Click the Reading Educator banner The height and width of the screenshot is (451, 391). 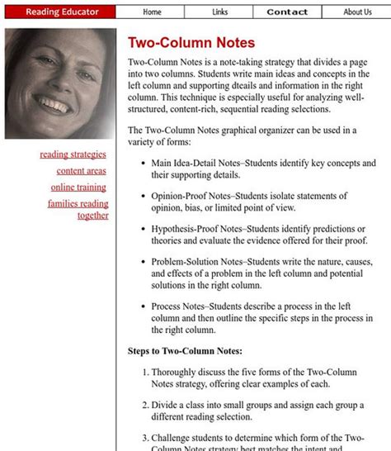coord(62,12)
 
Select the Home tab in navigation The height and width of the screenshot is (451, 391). coord(152,12)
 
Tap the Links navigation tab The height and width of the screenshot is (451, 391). coord(219,12)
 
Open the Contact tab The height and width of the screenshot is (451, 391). coord(287,12)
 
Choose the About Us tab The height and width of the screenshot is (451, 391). coord(357,12)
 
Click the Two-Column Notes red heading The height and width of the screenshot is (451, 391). coord(191,43)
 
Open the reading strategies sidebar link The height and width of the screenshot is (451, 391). coord(73,154)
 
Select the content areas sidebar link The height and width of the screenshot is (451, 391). coord(81,170)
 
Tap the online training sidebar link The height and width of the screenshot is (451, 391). coord(78,187)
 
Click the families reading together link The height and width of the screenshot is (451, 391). coord(78,209)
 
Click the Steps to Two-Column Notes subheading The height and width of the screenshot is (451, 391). coord(185,350)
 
